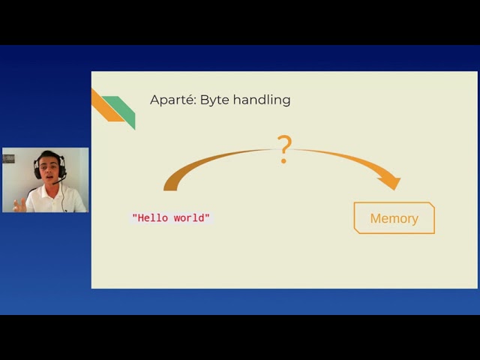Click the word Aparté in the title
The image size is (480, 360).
[172, 100]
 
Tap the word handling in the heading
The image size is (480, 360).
[262, 100]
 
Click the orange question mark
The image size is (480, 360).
[284, 149]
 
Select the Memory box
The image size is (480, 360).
[394, 218]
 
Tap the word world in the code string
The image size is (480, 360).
[190, 218]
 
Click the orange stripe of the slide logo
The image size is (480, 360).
[104, 106]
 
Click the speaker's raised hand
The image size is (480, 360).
[20, 204]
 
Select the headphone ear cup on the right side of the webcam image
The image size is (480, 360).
[62, 167]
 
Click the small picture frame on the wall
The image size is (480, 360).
[9, 158]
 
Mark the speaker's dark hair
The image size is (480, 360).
[49, 155]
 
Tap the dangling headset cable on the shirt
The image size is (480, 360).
[63, 196]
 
